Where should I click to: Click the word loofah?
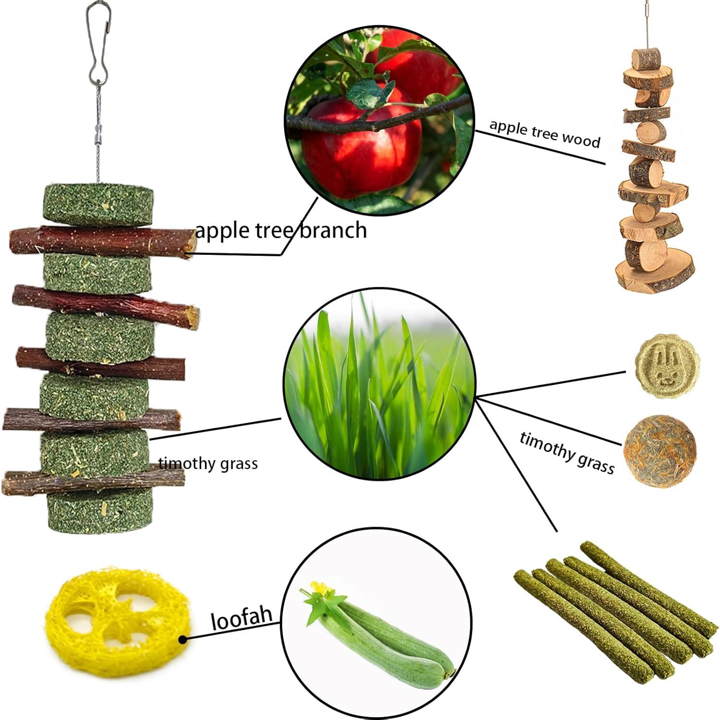(x=241, y=618)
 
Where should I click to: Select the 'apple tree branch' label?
(x=281, y=230)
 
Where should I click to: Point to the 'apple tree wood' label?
(x=545, y=133)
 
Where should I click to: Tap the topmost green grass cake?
(x=98, y=204)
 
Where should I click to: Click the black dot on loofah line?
(x=182, y=640)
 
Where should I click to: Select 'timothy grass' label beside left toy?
(x=208, y=464)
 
